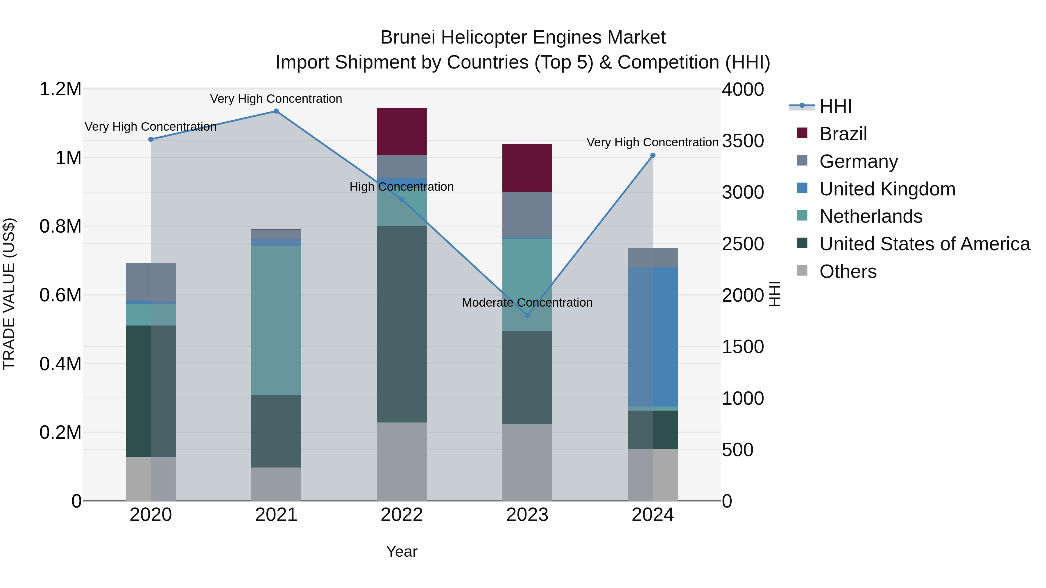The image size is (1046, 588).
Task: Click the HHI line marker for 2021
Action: (x=276, y=111)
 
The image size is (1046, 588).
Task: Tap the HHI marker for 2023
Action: (x=527, y=315)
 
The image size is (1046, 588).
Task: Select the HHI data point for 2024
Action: (x=653, y=155)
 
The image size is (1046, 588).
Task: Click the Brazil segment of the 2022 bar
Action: (x=402, y=131)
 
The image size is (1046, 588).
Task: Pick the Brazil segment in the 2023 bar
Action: (x=527, y=168)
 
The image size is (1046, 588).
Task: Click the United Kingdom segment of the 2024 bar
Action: (x=653, y=337)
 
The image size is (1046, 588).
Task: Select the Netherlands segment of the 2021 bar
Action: (x=276, y=320)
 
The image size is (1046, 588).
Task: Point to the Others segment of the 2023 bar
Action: (x=527, y=462)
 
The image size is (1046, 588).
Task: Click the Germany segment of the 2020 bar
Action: (x=151, y=282)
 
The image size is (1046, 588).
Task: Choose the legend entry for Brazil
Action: (x=843, y=134)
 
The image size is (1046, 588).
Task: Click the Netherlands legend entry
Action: (x=871, y=216)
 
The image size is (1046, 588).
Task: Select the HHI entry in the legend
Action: (x=835, y=106)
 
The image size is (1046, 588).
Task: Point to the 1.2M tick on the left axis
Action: (x=60, y=89)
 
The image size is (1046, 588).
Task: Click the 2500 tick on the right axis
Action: (x=743, y=244)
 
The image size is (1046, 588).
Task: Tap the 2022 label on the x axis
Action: (x=402, y=515)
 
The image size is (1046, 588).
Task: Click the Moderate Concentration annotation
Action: (x=527, y=303)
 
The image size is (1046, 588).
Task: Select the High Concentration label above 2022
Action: (x=402, y=187)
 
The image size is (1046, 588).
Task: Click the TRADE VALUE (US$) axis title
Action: (x=9, y=294)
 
